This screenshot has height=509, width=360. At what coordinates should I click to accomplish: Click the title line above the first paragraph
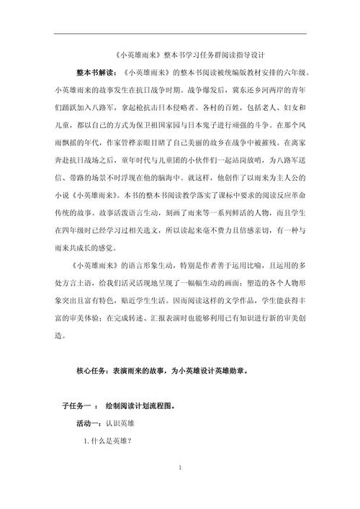click(180, 55)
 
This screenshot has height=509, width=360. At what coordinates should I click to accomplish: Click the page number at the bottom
click(179, 489)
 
